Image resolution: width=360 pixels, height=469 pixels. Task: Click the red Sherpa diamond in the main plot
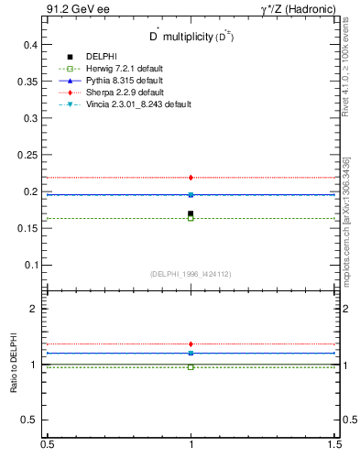tap(191, 177)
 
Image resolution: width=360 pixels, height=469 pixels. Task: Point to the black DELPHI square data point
tap(191, 213)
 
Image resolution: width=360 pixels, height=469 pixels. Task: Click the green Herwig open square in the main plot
tap(191, 218)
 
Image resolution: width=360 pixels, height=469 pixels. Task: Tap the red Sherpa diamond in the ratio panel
tap(191, 344)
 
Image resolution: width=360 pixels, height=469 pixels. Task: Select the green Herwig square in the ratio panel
tap(191, 366)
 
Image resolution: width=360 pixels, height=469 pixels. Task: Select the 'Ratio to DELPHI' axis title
tap(14, 365)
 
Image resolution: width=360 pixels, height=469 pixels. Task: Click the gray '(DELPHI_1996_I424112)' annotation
tap(191, 274)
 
